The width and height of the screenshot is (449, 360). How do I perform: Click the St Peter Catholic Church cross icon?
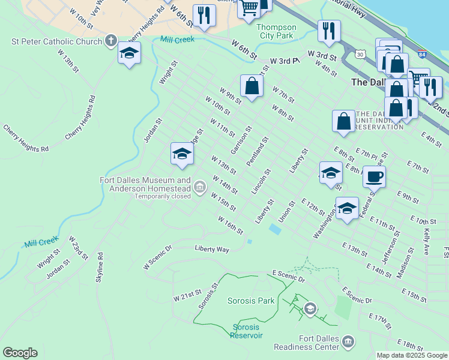[x=110, y=41]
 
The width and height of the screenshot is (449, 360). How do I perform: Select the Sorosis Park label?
[x=251, y=301]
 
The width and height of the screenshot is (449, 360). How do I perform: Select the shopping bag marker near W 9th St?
[x=252, y=86]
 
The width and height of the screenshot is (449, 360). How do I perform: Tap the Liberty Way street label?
[x=212, y=248]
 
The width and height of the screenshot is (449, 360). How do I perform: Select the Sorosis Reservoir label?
[x=247, y=331]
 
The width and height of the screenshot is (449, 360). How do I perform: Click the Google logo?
[x=20, y=353]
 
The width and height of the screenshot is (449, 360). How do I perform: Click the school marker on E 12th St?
[x=347, y=208]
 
